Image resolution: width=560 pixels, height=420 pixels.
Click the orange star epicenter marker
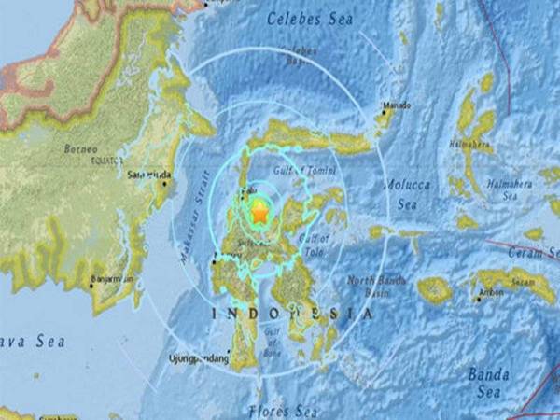(259, 213)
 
